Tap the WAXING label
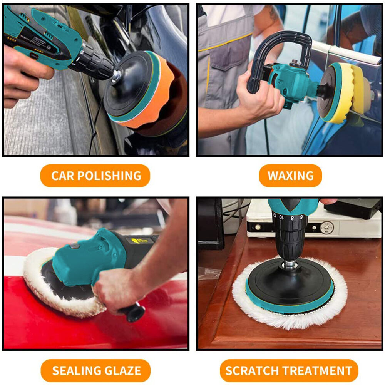pyautogui.click(x=290, y=176)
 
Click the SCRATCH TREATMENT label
pyautogui.click(x=289, y=370)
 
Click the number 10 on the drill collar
pyautogui.click(x=281, y=217)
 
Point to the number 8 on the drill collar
pyautogui.click(x=292, y=218)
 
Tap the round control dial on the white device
pyautogui.click(x=327, y=228)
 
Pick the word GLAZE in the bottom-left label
pyautogui.click(x=122, y=370)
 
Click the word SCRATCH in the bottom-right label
pyautogui.click(x=252, y=370)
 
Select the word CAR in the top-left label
pyautogui.click(x=63, y=176)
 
